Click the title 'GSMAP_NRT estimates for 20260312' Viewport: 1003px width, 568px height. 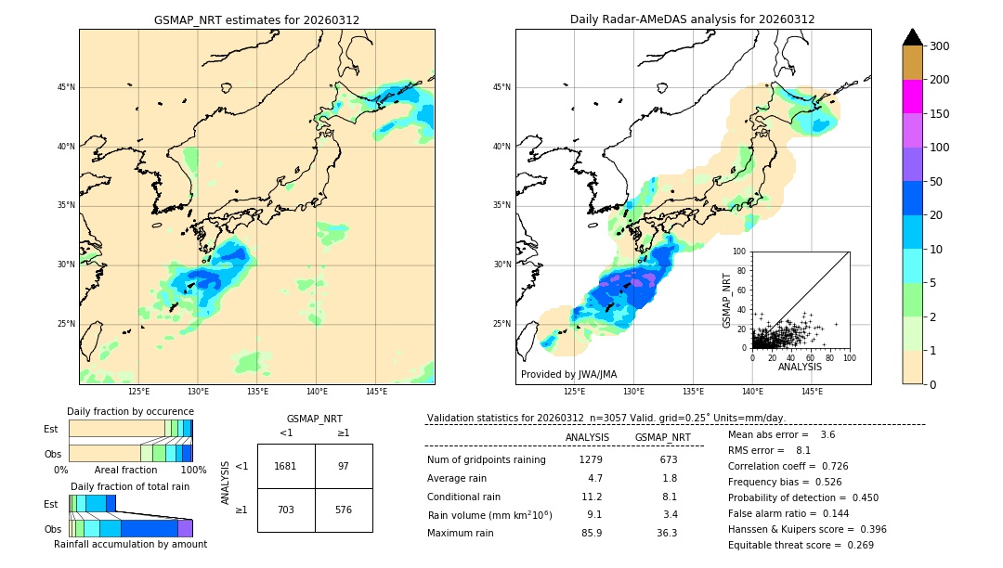256,19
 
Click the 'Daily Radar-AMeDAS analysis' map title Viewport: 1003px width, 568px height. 693,19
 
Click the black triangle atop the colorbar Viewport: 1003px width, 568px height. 913,37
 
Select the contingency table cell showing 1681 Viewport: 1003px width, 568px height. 286,466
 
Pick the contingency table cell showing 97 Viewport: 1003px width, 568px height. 344,466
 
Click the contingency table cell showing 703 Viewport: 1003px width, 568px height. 286,510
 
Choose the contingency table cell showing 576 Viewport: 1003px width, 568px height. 344,510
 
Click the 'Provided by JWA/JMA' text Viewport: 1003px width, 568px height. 568,375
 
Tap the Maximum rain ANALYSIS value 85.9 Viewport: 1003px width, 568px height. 591,533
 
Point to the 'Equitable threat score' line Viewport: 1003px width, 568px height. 801,545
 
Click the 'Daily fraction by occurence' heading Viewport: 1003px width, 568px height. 130,411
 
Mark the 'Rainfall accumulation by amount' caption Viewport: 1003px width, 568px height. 130,545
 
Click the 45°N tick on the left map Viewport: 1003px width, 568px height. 66,87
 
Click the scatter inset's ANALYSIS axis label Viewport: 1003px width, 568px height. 800,368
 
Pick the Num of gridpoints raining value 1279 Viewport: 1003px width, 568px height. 591,459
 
